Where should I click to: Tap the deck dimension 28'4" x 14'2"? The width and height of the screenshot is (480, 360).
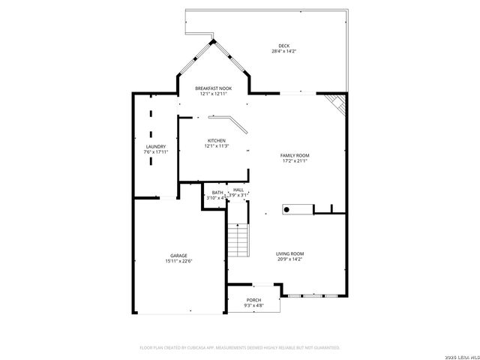(x=283, y=52)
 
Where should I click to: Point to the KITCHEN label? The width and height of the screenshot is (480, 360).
(x=216, y=141)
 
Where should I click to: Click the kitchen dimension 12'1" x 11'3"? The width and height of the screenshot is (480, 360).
(x=216, y=146)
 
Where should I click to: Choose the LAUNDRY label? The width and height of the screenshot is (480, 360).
(x=156, y=147)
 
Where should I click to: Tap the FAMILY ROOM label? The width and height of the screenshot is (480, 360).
(x=295, y=155)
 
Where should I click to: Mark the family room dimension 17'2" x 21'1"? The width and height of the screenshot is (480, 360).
(x=295, y=160)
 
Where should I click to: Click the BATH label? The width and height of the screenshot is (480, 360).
(x=217, y=192)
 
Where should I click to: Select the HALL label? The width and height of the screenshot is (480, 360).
(x=238, y=190)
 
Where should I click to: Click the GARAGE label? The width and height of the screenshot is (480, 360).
(x=178, y=256)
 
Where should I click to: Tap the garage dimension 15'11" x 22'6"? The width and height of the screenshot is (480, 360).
(x=178, y=261)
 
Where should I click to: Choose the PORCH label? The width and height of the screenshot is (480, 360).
(x=253, y=300)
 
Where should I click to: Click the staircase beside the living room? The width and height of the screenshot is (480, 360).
(x=237, y=240)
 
